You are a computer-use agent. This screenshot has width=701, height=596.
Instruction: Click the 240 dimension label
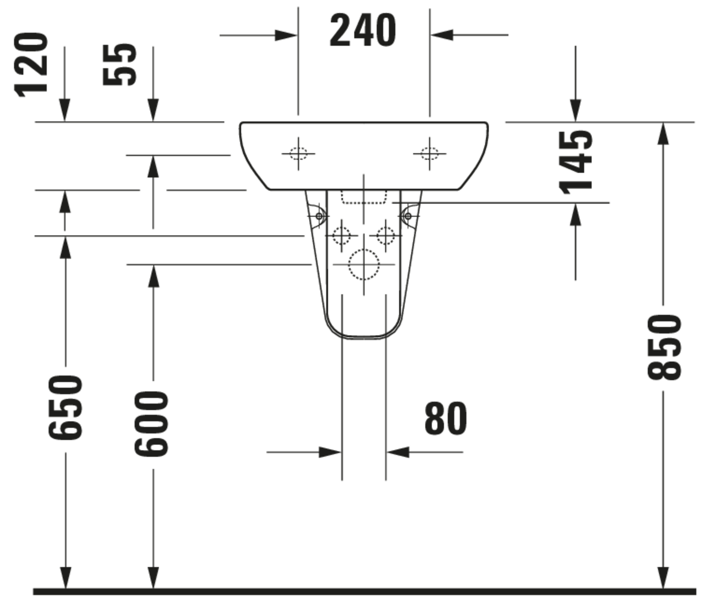coord(362,30)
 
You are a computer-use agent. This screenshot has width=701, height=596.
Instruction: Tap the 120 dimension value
coord(31,65)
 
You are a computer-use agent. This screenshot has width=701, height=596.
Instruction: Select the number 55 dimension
coord(120,65)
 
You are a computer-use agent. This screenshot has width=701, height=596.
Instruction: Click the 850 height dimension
coord(663,347)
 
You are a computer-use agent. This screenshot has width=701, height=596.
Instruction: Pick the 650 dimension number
coord(65,408)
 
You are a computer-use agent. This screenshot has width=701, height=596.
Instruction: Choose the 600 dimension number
coord(151,424)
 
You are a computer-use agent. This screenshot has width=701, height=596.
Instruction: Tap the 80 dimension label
coord(445,418)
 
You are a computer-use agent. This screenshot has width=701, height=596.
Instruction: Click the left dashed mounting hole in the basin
coord(298,154)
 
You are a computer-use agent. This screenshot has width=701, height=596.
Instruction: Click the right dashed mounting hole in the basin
coord(429,154)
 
